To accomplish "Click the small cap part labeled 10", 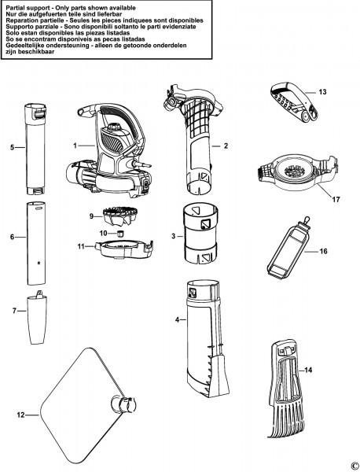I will pyautogui.click(x=120, y=234).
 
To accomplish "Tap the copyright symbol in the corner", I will pyautogui.click(x=353, y=465).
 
